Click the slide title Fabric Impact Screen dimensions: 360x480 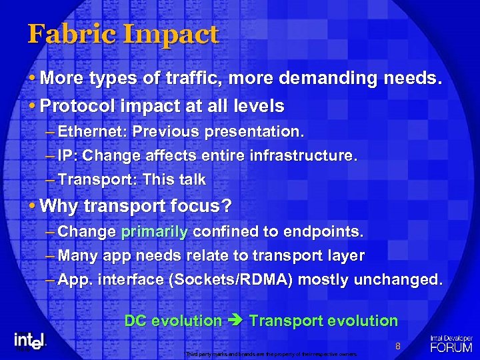pyautogui.click(x=123, y=34)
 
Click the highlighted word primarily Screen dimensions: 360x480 pyautogui.click(x=155, y=232)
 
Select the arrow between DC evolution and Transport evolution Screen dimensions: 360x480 pyautogui.click(x=235, y=321)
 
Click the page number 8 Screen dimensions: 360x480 pyautogui.click(x=397, y=346)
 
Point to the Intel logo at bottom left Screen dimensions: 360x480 pyautogui.click(x=29, y=340)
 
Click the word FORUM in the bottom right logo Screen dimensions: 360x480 pyautogui.click(x=451, y=347)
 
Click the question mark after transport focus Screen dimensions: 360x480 pyautogui.click(x=227, y=206)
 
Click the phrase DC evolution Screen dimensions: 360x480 pyautogui.click(x=173, y=321)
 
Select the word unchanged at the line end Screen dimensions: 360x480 pyautogui.click(x=403, y=280)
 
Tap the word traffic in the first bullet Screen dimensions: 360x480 pyautogui.click(x=196, y=79)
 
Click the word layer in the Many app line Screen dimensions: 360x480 pyautogui.click(x=346, y=256)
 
